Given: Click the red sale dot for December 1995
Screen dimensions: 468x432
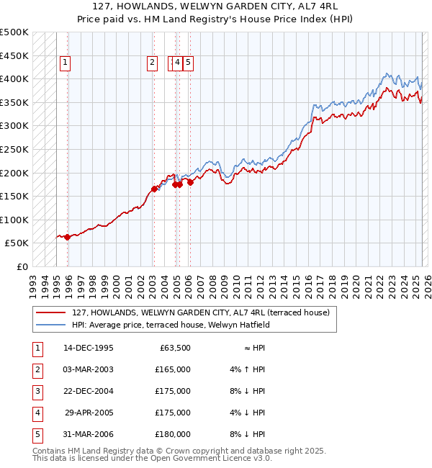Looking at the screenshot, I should click(x=67, y=237).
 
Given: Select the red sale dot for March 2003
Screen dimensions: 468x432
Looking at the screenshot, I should click(x=154, y=189).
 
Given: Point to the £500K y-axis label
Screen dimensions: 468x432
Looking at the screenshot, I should click(x=14, y=32).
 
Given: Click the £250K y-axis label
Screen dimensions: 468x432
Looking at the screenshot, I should click(x=14, y=149).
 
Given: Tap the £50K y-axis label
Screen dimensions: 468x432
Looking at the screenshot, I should click(x=17, y=243).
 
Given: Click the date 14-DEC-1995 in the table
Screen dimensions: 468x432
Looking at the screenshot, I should click(x=88, y=348).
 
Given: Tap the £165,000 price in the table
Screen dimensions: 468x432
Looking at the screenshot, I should click(x=173, y=370).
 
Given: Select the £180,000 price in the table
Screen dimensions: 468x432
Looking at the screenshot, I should click(x=173, y=435).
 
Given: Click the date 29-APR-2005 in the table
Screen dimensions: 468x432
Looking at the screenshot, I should click(x=89, y=413).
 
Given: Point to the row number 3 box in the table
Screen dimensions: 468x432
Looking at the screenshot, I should click(x=37, y=392).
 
